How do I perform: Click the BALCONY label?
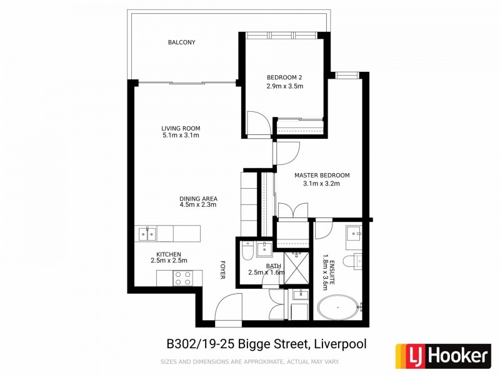181,42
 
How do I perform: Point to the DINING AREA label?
197,199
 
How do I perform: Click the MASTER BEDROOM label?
322,176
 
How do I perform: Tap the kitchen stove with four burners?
182,278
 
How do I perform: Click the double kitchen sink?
148,234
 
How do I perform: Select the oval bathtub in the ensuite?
340,309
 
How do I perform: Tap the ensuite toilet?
358,260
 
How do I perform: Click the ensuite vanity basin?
355,233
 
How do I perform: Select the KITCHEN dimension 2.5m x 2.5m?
169,260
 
